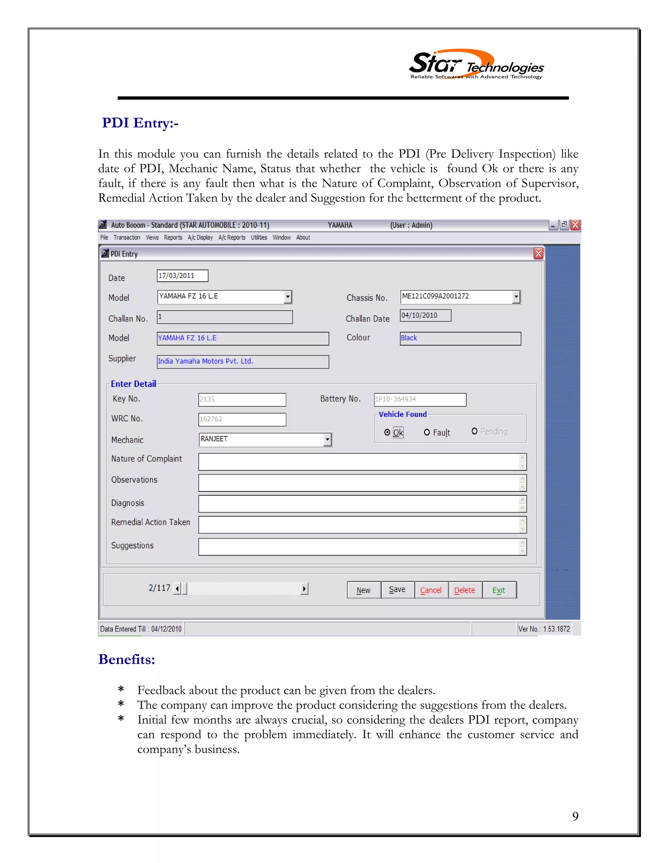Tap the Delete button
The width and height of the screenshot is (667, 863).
pyautogui.click(x=465, y=590)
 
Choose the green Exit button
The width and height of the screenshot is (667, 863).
pyautogui.click(x=499, y=590)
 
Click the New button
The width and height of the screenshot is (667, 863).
pyautogui.click(x=363, y=590)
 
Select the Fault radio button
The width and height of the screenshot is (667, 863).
pyautogui.click(x=427, y=432)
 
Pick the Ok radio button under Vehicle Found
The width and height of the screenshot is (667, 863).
pyautogui.click(x=387, y=432)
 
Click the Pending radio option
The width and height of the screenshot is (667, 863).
pyautogui.click(x=475, y=431)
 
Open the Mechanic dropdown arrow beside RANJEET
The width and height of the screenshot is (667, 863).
pyautogui.click(x=327, y=439)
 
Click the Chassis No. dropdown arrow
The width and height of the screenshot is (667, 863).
pyautogui.click(x=516, y=296)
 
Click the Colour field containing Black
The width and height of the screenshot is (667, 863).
pyautogui.click(x=460, y=338)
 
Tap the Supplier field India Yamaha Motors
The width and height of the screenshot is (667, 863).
pyautogui.click(x=243, y=361)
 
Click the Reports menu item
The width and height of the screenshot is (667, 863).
pyautogui.click(x=173, y=237)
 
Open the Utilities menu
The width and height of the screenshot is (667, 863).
pyautogui.click(x=259, y=237)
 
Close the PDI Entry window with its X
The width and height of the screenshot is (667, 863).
pyautogui.click(x=538, y=253)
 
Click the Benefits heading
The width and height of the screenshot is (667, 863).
pyautogui.click(x=126, y=659)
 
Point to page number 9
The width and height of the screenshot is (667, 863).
pyautogui.click(x=575, y=816)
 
